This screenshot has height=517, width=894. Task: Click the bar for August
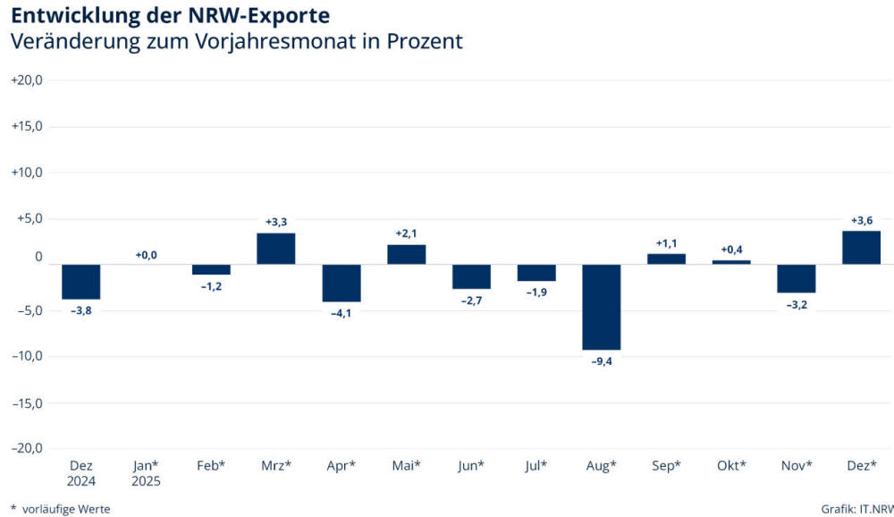pos(601,307)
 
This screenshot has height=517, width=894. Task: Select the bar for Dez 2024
pos(80,282)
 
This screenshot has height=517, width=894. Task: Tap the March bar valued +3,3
pos(276,249)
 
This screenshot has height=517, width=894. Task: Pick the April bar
pos(342,283)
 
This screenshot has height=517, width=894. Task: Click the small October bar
pos(731,262)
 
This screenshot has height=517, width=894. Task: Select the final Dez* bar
pos(861,248)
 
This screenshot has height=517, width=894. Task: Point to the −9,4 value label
pos(601,361)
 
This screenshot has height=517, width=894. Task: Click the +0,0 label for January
pos(146,255)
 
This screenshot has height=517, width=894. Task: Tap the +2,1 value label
pos(407,233)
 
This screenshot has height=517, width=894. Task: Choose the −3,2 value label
pos(796,304)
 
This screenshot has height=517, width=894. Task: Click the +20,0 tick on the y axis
pos(27,80)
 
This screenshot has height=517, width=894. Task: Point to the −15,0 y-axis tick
pos(27,403)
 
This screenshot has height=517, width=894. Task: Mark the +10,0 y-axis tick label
pos(27,172)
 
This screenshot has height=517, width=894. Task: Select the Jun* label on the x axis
pos(471,466)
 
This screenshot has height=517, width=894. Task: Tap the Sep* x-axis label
pos(666,466)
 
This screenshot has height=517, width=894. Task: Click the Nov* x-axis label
pos(796,466)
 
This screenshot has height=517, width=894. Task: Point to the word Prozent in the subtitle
pos(425,41)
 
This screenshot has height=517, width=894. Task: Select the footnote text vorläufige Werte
pos(67,509)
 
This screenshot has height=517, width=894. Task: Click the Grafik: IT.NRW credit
pos(856,509)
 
